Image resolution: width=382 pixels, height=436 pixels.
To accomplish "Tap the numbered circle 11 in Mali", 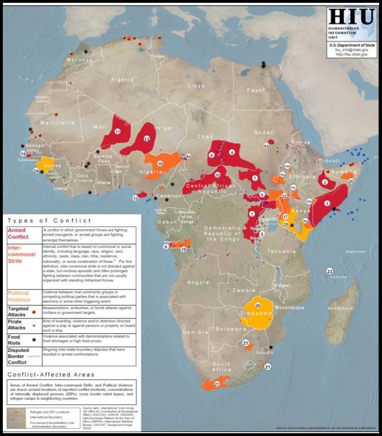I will pos(118,131).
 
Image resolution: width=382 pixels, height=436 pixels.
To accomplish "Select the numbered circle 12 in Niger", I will pos(146,138).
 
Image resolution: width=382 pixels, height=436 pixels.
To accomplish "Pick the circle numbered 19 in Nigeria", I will pos(160,163).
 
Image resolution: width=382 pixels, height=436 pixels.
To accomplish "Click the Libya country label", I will pos(196,86).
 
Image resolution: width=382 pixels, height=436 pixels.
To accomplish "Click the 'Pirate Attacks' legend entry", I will pos(19,324).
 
